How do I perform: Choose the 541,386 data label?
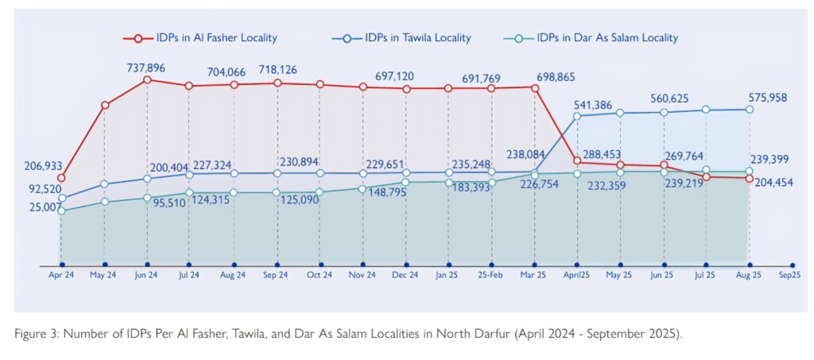600,104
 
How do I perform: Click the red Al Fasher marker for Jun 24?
147,79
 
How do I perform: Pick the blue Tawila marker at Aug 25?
749,110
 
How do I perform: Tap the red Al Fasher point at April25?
576,162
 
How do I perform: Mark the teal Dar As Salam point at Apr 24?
61,211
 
